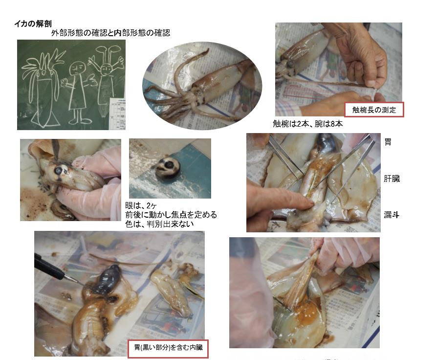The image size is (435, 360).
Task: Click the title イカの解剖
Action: click(x=33, y=23)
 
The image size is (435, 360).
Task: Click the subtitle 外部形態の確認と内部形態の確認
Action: click(x=110, y=33)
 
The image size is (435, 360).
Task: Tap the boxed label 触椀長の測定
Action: click(x=374, y=110)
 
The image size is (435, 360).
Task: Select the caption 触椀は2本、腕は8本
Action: click(x=307, y=124)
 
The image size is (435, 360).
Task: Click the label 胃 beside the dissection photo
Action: click(x=388, y=142)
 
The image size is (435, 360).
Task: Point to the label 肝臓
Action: click(x=391, y=179)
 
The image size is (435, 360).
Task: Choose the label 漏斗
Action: click(x=391, y=215)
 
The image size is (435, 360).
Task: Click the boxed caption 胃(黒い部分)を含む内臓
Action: click(x=168, y=348)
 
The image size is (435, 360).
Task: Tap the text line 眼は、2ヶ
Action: click(x=141, y=205)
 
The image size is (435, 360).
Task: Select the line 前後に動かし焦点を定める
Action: click(x=171, y=215)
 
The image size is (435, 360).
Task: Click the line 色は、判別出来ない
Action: click(x=159, y=224)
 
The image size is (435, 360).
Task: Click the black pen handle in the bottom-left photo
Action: click(x=48, y=267)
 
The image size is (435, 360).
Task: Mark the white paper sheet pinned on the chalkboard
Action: click(x=117, y=113)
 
